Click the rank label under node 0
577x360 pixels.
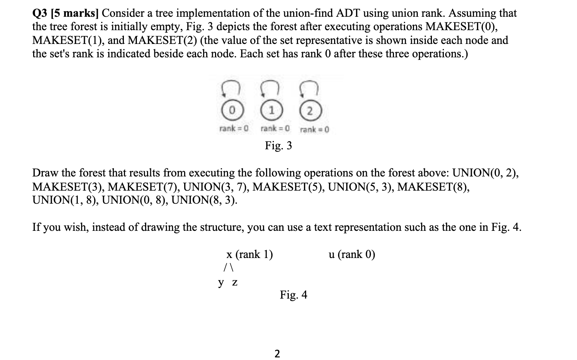point(234,129)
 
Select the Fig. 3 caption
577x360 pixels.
point(278,145)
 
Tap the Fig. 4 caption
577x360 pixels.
point(294,295)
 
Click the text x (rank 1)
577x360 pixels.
point(249,254)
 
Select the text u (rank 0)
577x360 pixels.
point(352,254)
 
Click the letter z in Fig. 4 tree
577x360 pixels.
point(235,283)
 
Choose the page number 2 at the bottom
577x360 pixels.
point(277,353)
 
